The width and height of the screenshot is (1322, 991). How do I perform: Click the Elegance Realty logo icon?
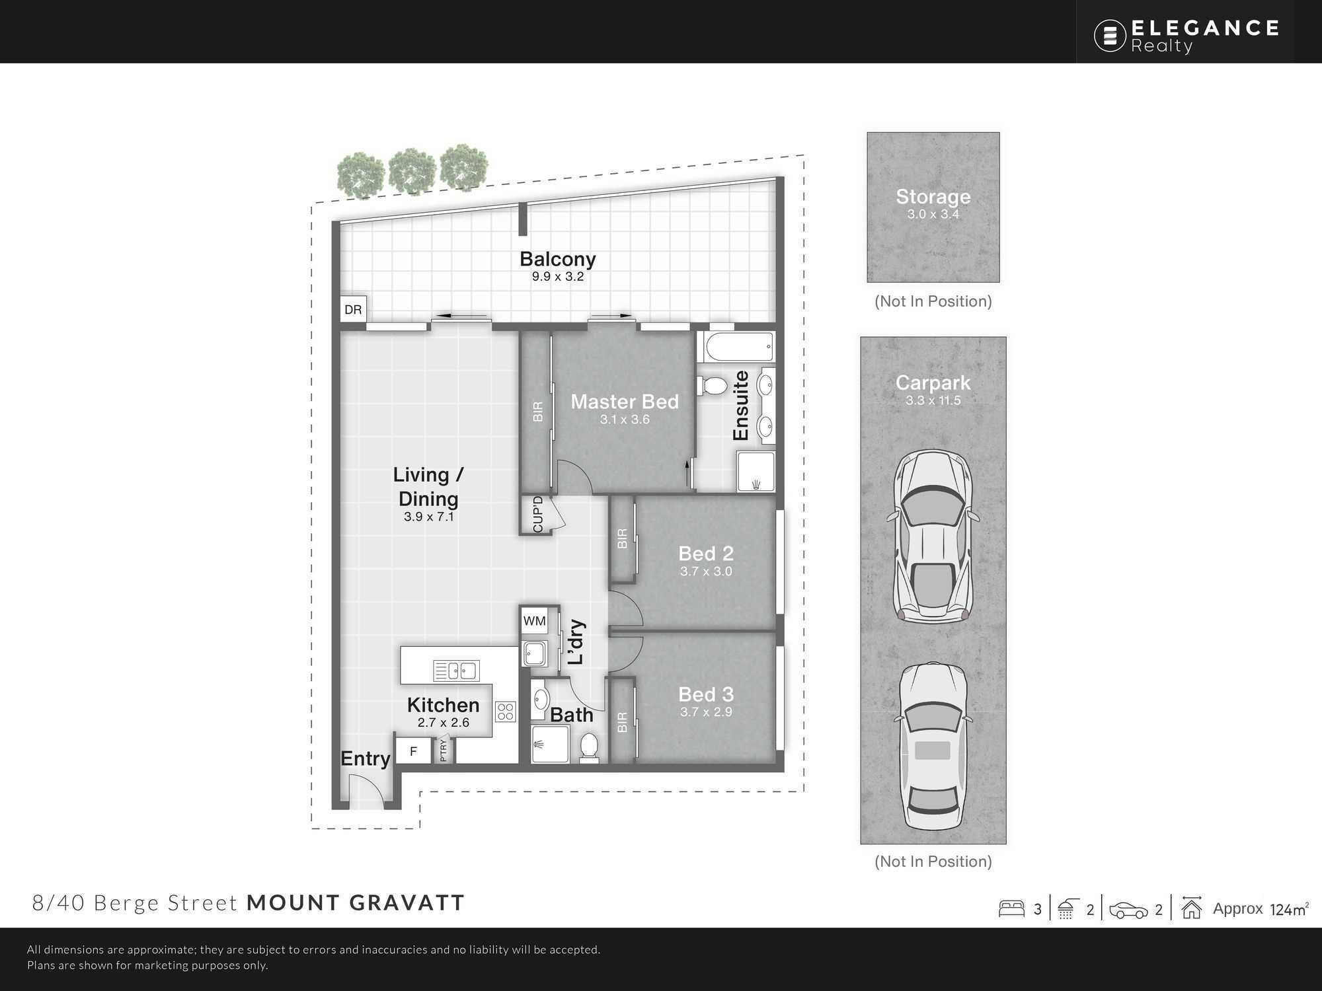click(1110, 35)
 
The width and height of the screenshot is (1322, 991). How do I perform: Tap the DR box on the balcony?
click(353, 309)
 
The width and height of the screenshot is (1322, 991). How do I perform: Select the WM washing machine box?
click(534, 621)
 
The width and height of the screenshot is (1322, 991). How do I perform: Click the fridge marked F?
click(413, 751)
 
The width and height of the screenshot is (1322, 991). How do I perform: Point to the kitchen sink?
click(456, 671)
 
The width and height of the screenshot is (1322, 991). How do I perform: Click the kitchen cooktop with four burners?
click(506, 712)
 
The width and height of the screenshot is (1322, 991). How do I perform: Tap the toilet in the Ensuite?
click(711, 384)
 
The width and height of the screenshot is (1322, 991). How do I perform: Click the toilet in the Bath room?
click(588, 746)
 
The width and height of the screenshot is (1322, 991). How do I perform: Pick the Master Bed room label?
click(625, 402)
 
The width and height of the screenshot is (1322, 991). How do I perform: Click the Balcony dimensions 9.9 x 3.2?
click(558, 277)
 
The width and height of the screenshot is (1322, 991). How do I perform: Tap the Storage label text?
click(933, 197)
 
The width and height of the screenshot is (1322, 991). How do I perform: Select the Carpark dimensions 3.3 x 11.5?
click(933, 400)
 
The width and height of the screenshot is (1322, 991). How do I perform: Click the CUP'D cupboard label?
click(537, 515)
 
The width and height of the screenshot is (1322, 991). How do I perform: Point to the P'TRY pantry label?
click(444, 750)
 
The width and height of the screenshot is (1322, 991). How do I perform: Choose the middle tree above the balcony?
click(412, 170)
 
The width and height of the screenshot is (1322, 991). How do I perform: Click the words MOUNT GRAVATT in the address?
click(356, 902)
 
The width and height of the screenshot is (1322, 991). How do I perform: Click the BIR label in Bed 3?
click(622, 722)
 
